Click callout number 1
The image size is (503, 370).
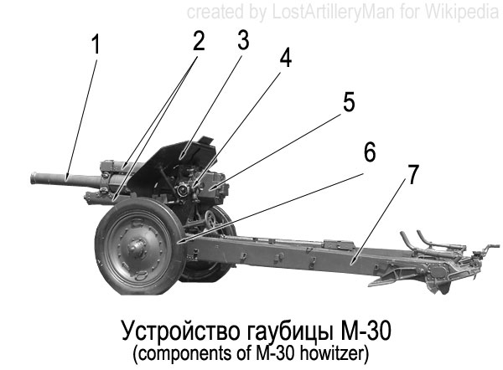96,44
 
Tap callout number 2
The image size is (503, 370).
199,41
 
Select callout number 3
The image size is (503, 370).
243,40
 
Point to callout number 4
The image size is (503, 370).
286,58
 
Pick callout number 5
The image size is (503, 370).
349,102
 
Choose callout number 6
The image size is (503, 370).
370,152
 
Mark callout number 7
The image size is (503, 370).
413,174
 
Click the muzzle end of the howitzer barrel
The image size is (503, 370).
34,177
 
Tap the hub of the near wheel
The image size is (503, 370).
137,247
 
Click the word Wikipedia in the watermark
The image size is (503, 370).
462,13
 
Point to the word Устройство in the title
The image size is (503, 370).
180,331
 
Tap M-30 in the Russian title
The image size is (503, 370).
366,331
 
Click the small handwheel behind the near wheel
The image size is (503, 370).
210,218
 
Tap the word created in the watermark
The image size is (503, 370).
215,12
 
